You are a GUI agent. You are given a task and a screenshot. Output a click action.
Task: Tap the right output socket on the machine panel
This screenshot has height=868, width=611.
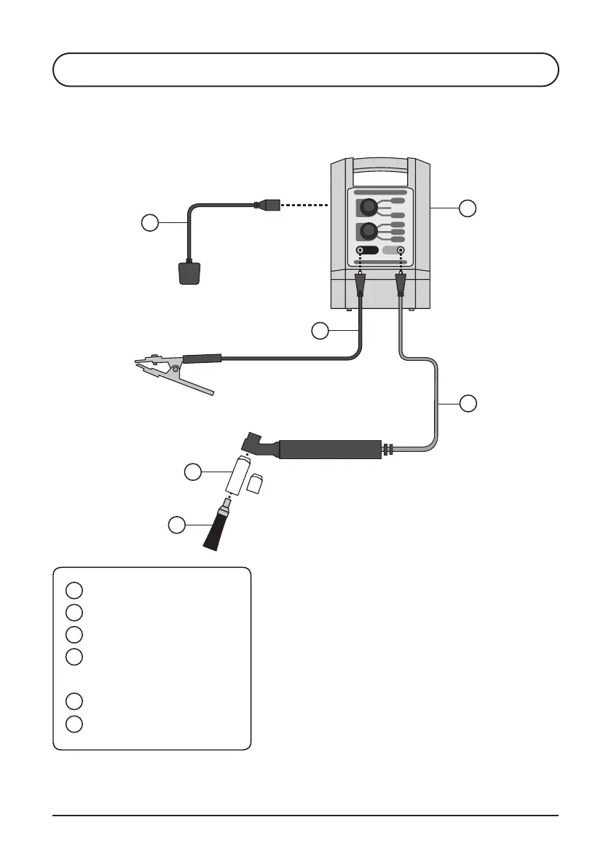pos(400,250)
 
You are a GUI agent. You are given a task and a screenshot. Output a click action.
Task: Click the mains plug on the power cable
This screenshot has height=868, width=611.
pos(189,274)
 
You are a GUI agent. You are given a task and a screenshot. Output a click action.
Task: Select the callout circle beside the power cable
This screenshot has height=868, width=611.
pos(149,223)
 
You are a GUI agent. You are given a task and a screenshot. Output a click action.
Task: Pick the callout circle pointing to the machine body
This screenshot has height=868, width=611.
pos(468,208)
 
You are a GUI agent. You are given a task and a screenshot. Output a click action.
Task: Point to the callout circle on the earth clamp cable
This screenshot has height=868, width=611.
pos(320,331)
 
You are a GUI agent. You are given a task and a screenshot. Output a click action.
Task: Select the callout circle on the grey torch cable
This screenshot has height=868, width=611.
pos(469,402)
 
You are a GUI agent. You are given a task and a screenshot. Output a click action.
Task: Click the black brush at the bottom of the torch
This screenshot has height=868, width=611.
pos(216,529)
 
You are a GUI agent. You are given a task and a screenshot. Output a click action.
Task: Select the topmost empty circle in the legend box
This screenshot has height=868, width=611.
pos(73,589)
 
